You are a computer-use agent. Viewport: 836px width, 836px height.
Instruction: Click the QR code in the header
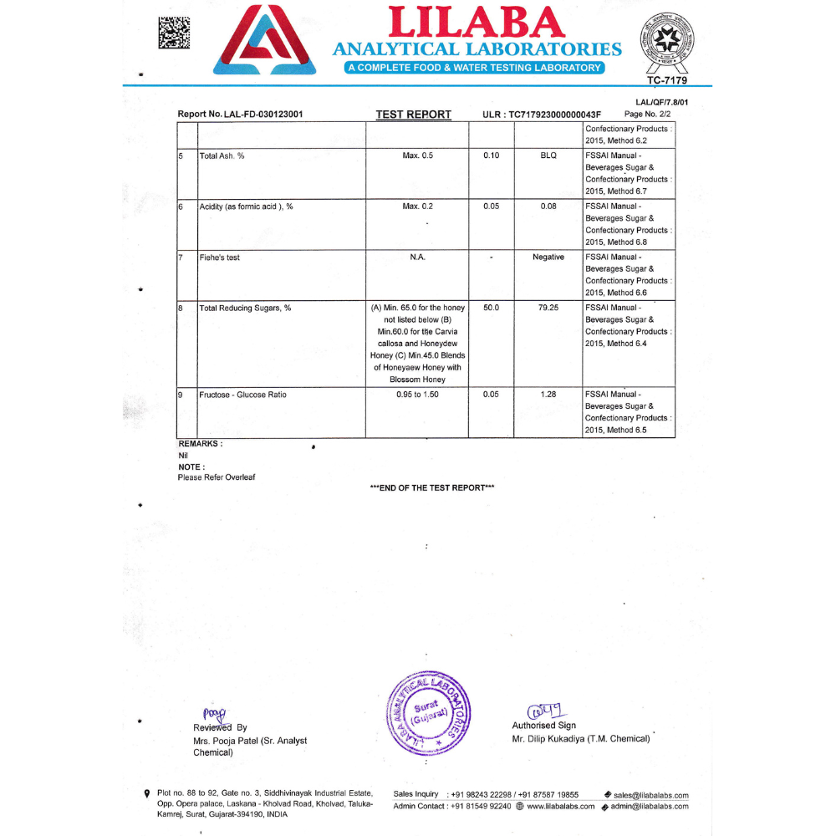pos(174,33)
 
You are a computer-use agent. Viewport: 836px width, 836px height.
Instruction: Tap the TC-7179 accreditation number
pos(666,80)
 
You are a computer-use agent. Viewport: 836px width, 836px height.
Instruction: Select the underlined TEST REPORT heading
pos(413,115)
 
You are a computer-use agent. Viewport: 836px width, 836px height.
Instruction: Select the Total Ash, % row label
pos(222,156)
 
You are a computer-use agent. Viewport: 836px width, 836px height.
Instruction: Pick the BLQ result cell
pos(548,156)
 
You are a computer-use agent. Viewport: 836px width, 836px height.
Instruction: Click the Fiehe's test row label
pos(219,257)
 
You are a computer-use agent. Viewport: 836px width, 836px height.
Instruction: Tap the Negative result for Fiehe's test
pos(548,257)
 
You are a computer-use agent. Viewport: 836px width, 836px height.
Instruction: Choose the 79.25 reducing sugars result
pos(548,308)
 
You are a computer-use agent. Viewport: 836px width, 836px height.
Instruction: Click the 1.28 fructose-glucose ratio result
pos(548,395)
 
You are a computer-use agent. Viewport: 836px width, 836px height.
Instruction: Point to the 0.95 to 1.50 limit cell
pos(417,395)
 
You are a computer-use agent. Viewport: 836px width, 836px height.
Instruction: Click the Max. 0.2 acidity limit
pos(417,206)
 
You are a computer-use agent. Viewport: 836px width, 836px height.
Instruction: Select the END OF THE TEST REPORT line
pos(432,488)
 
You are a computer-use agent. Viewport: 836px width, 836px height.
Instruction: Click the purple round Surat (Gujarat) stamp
pos(430,713)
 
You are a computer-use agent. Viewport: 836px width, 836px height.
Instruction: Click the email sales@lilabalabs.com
pos(650,796)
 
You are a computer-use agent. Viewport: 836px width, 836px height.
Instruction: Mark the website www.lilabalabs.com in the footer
pos(560,807)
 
